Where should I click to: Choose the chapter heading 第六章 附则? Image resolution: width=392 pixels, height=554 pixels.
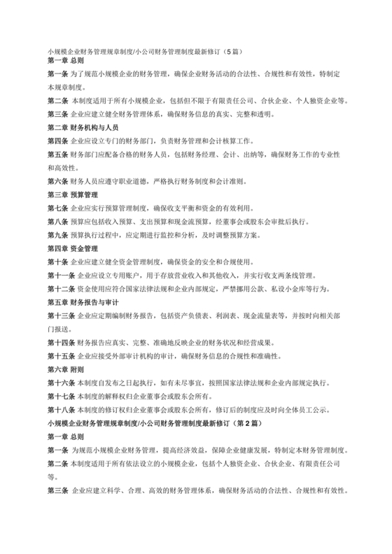coord(65,369)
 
